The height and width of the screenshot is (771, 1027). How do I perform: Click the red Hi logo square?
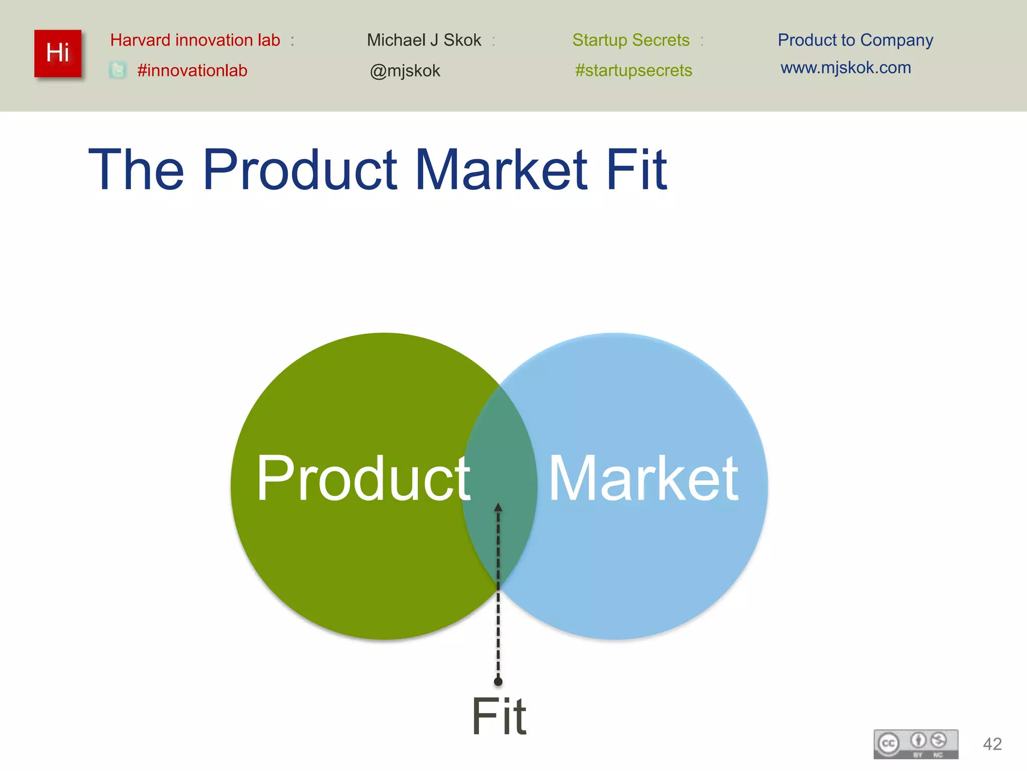[x=58, y=54]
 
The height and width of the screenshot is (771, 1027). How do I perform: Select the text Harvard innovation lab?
[x=195, y=40]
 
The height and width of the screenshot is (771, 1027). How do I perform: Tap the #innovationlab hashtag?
[x=192, y=71]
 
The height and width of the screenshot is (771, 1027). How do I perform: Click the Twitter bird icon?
[x=118, y=70]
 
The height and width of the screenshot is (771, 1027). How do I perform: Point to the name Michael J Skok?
[x=424, y=40]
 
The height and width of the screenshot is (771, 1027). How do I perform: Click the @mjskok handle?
[x=405, y=71]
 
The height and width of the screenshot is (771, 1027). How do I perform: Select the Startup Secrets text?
[x=631, y=40]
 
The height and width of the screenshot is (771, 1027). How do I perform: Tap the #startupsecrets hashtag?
[x=633, y=71]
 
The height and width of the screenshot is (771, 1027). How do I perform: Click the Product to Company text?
[x=855, y=40]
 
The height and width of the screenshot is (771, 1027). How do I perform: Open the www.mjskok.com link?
[x=845, y=68]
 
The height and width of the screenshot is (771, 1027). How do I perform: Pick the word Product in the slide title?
[x=300, y=171]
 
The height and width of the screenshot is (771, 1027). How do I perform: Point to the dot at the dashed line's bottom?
[x=498, y=682]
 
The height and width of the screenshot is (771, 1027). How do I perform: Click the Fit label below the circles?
[x=499, y=717]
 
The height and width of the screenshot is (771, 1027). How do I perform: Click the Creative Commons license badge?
[x=916, y=744]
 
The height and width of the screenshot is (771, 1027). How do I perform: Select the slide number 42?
[x=992, y=744]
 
